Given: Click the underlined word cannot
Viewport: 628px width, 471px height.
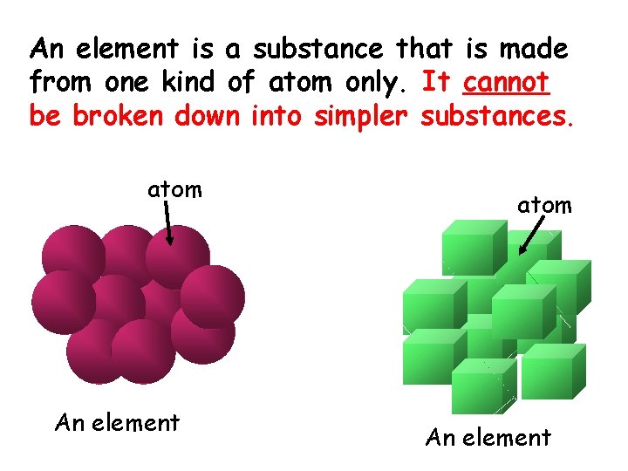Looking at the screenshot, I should pyautogui.click(x=507, y=82).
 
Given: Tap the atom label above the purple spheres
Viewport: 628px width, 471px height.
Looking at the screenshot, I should pyautogui.click(x=174, y=188).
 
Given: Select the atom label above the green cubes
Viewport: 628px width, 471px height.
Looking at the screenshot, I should pyautogui.click(x=544, y=205).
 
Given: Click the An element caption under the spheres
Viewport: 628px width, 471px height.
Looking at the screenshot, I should pyautogui.click(x=117, y=423).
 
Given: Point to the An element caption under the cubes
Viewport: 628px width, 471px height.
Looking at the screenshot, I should pyautogui.click(x=488, y=437).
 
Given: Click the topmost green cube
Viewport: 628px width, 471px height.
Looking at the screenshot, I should pyautogui.click(x=474, y=248).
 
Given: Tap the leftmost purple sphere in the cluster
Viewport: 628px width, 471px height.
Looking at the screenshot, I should pyautogui.click(x=63, y=301).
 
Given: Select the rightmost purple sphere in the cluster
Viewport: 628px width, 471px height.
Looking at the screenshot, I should pyautogui.click(x=212, y=296).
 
